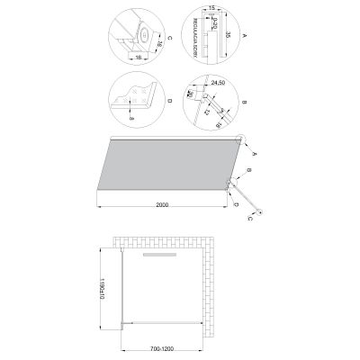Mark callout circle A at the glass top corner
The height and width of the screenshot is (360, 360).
pyautogui.click(x=241, y=138)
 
